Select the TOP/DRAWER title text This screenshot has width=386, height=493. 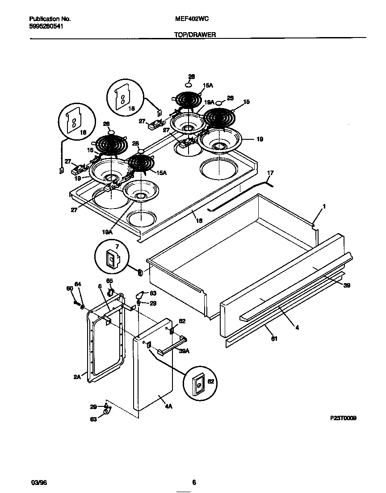coord(195,34)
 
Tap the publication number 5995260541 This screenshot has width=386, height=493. coord(46,26)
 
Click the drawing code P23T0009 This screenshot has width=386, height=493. coord(343,418)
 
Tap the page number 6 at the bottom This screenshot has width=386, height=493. coord(194,482)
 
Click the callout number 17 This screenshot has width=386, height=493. coord(270,173)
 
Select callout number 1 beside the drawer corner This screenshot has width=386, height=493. coord(324,207)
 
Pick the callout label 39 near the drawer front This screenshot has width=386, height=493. coord(347,284)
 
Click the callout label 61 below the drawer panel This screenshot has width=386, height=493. coord(274,338)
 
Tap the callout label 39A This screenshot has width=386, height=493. coord(171,351)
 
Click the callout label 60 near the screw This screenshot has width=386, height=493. coord(69,289)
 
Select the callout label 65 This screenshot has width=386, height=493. coord(110,281)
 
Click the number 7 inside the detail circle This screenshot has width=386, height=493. coord(117,246)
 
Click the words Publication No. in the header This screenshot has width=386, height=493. coord(50,19)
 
